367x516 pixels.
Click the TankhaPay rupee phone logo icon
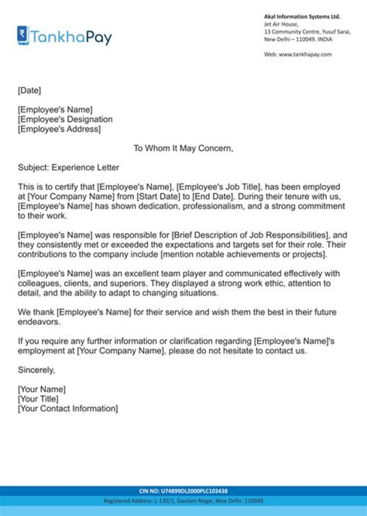[x=23, y=35]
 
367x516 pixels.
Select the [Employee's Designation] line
[x=65, y=119]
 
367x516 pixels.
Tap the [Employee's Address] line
[x=59, y=129]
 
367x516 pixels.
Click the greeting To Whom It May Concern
[x=183, y=148]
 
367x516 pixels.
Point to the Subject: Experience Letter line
[x=68, y=167]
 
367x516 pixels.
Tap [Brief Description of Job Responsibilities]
[x=249, y=235]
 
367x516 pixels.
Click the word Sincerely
[x=36, y=370]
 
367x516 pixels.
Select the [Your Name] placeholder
[x=42, y=389]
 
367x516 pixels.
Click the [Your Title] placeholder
[x=38, y=399]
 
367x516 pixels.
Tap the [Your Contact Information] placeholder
[x=68, y=408]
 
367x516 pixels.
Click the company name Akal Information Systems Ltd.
[x=302, y=17]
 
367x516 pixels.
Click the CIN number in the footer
[x=183, y=491]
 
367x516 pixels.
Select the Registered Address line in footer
[x=183, y=501]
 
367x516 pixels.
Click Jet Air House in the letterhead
[x=281, y=24]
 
